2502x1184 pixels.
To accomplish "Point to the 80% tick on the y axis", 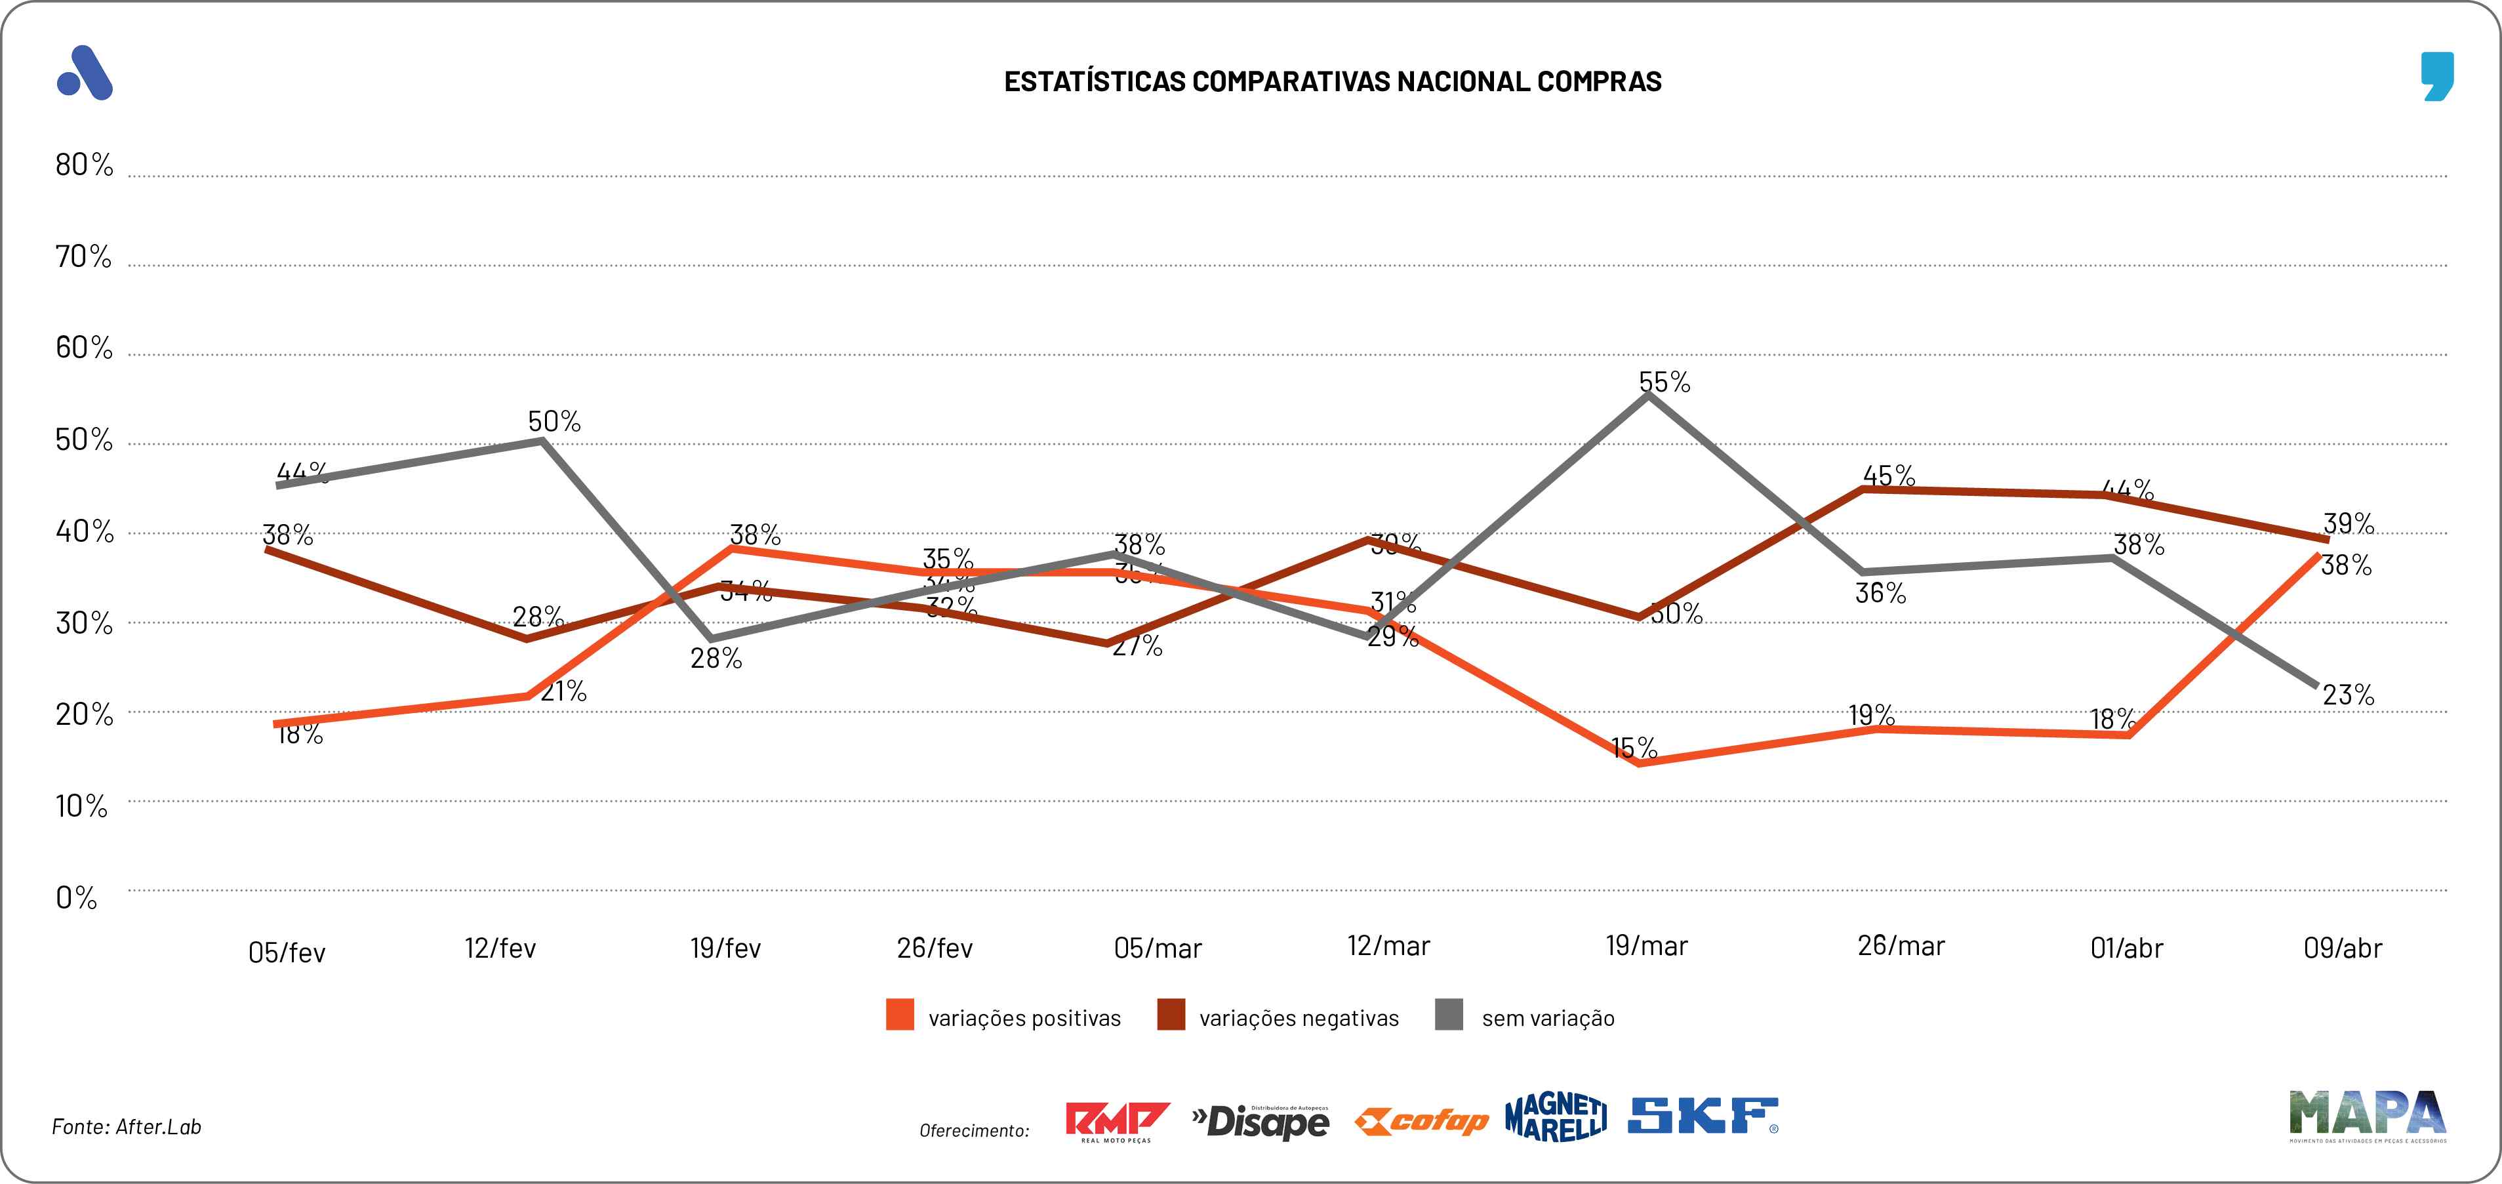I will pyautogui.click(x=83, y=165).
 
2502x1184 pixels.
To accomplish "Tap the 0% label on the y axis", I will pyautogui.click(x=76, y=897).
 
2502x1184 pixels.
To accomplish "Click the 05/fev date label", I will pyautogui.click(x=287, y=952).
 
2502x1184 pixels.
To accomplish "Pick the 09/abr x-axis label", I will pyautogui.click(x=2342, y=948).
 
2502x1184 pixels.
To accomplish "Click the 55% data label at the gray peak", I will pyautogui.click(x=1665, y=382).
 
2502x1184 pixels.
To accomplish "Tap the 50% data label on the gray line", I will pyautogui.click(x=555, y=422).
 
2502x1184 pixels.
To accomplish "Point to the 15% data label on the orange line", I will pyautogui.click(x=1634, y=748).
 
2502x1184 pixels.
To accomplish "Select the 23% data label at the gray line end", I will pyautogui.click(x=2348, y=695).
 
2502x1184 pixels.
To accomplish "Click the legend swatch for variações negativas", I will pyautogui.click(x=1171, y=1015).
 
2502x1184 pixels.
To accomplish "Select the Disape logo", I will pyautogui.click(x=1261, y=1122).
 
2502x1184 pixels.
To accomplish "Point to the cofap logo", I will pyautogui.click(x=1422, y=1122).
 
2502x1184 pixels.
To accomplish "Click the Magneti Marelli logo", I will pyautogui.click(x=1555, y=1117).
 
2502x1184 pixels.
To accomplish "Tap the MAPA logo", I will pyautogui.click(x=2367, y=1114).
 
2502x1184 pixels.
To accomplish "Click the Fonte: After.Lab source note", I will pyautogui.click(x=127, y=1127).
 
